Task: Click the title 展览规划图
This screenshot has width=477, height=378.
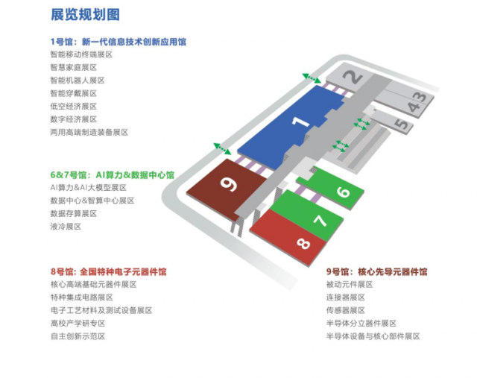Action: pos(85,15)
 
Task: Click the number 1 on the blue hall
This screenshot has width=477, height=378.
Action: pos(300,122)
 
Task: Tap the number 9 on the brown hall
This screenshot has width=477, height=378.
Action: pos(229,184)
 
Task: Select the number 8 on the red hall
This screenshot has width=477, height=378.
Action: pos(303,243)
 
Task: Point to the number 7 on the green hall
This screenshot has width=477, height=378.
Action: pos(320,220)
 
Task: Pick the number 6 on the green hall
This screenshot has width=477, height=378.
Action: pos(343,192)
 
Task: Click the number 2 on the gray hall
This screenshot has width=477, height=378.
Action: pos(353,77)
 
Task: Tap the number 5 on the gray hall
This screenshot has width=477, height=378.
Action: pos(402,124)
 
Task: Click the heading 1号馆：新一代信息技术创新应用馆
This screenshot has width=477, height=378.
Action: pos(119,42)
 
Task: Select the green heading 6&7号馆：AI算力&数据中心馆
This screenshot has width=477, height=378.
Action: pos(113,175)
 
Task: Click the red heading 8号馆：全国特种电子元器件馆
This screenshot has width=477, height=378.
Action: pos(109,271)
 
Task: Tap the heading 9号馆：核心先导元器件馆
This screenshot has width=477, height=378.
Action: pos(377,271)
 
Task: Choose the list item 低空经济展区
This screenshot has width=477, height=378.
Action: pos(74,106)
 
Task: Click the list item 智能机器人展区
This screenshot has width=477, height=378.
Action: pos(78,81)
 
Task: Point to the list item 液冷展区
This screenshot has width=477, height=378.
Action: pos(66,227)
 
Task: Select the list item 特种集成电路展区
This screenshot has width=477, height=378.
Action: pos(82,297)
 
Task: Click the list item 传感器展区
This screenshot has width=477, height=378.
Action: pos(346,310)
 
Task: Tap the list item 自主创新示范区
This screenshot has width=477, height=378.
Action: pos(78,336)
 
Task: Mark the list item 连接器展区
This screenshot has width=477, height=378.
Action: pos(346,297)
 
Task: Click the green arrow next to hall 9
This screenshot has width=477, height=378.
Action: pos(222,148)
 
